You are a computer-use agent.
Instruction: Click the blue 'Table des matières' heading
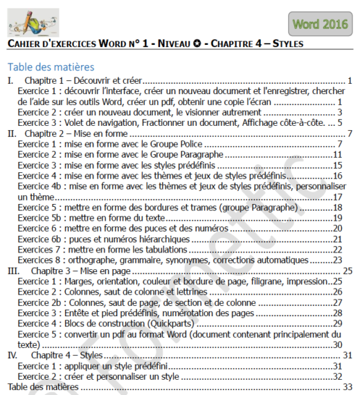point(51,68)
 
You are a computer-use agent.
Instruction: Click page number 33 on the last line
point(348,387)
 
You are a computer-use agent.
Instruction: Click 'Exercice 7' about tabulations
point(40,250)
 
